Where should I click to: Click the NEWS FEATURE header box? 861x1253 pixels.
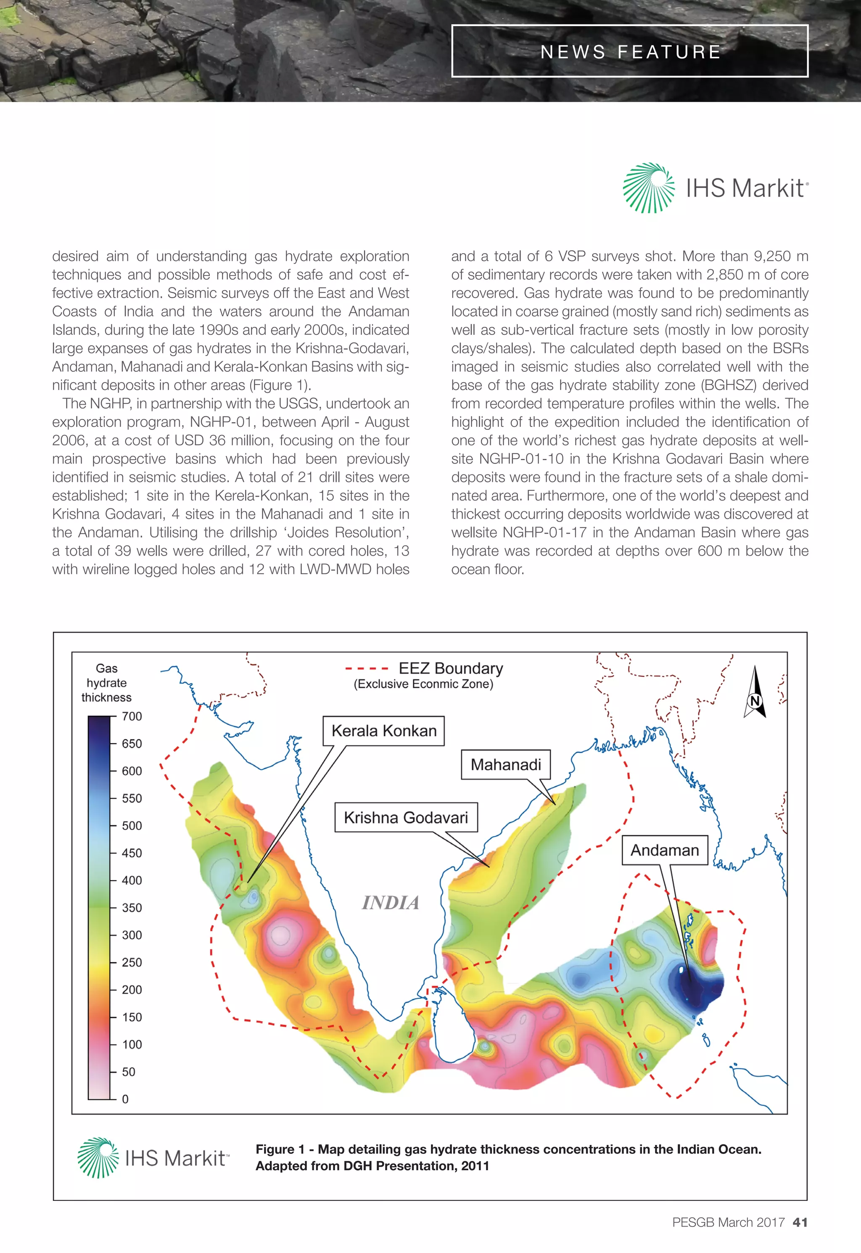click(x=630, y=51)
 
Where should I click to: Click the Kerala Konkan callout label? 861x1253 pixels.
click(x=383, y=731)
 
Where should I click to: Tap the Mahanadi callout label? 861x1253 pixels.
click(x=505, y=764)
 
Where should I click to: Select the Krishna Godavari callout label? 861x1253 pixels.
click(x=406, y=818)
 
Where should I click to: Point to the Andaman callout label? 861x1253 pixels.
click(x=665, y=850)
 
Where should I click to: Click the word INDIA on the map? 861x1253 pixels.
click(x=391, y=902)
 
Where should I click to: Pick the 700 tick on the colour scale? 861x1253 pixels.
click(x=132, y=717)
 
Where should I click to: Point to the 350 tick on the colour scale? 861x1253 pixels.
click(x=132, y=908)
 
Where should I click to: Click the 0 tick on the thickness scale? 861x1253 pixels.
click(x=125, y=1099)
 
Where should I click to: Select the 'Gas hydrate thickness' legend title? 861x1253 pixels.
click(x=106, y=683)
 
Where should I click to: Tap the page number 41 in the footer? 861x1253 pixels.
click(x=800, y=1222)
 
